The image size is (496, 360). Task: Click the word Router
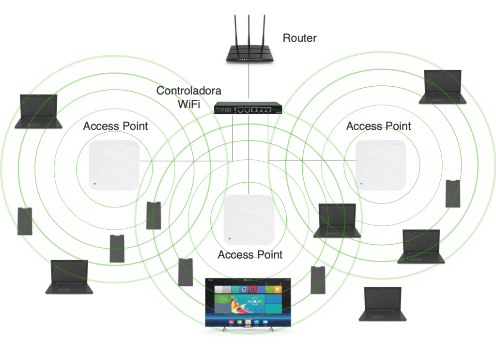pos(299,38)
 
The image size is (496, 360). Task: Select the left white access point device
pos(114,165)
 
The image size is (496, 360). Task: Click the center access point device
pos(249,219)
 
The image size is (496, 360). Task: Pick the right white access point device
pos(380,165)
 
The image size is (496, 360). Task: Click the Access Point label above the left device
pos(115,126)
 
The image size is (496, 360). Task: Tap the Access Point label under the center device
pos(250,255)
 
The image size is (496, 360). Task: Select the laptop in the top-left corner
pos(38,111)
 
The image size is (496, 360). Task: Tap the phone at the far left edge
pos(25,221)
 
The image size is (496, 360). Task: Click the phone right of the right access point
pos(452,193)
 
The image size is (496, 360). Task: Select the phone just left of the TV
pos(186,272)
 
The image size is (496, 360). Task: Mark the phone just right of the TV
pos(317,280)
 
